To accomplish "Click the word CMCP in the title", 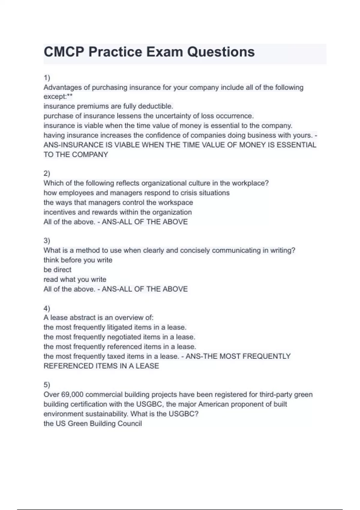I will pyautogui.click(x=63, y=52).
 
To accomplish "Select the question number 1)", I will pyautogui.click(x=47, y=78).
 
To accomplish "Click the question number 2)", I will pyautogui.click(x=47, y=173).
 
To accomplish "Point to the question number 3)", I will pyautogui.click(x=47, y=241).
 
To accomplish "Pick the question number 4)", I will pyautogui.click(x=47, y=308).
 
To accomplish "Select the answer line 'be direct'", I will pyautogui.click(x=58, y=270).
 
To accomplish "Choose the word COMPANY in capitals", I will pyautogui.click(x=90, y=155).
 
